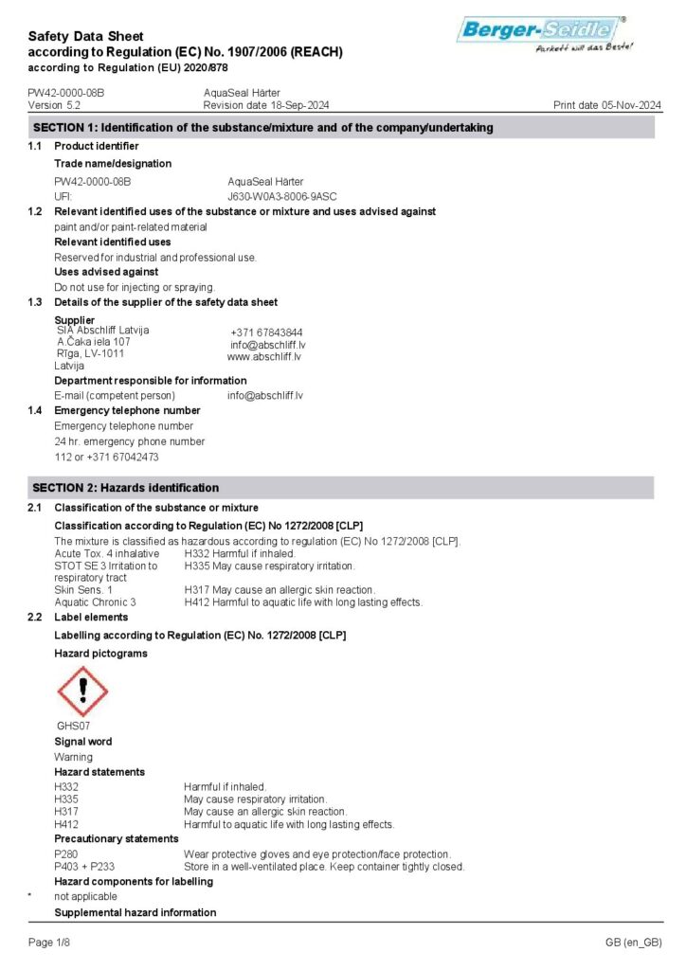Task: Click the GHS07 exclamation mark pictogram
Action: coord(83,692)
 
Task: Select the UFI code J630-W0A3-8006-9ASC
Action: coord(282,196)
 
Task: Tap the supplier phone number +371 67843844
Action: coord(266,332)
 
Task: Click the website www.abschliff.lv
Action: coord(264,357)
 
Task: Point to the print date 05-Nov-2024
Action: coord(607,105)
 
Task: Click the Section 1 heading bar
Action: coord(341,128)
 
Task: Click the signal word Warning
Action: coord(73,757)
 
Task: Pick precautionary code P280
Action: coord(66,854)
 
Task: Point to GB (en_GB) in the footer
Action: coord(633,943)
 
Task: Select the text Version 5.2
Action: coord(54,105)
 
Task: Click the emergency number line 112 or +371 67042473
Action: coord(106,458)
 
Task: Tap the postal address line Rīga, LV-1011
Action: coord(90,353)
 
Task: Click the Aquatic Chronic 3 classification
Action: coord(95,602)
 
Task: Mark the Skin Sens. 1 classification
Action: coord(83,589)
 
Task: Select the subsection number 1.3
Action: coord(35,302)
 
